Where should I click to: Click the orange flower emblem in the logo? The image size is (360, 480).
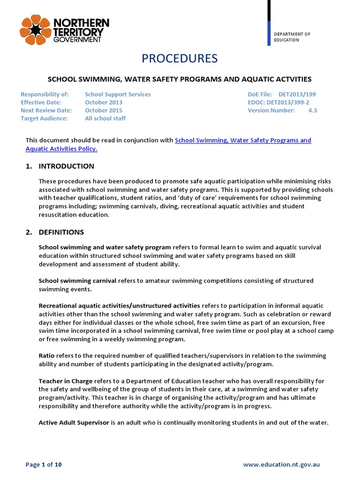tap(34, 30)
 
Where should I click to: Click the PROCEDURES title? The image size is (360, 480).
tap(180, 58)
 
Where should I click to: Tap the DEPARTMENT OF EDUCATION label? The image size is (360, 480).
tap(292, 37)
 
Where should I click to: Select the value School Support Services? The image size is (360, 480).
tap(118, 94)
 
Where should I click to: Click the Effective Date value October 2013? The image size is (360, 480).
tap(104, 102)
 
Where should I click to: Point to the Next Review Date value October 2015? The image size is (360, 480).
tap(104, 110)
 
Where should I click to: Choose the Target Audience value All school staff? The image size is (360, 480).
tap(105, 118)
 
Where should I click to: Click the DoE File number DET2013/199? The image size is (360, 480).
tap(297, 94)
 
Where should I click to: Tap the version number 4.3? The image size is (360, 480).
tap(312, 110)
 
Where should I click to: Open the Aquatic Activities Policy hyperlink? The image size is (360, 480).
tap(61, 149)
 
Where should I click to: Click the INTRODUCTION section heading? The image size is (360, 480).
tap(66, 166)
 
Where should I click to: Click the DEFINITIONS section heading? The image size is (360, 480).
tap(61, 232)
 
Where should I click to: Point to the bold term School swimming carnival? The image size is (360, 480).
tap(77, 280)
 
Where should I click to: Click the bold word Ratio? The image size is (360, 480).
tap(46, 356)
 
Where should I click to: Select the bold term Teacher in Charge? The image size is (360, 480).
tap(65, 381)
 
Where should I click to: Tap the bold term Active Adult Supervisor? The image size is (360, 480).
tap(74, 422)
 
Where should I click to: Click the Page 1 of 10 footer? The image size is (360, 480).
tap(44, 465)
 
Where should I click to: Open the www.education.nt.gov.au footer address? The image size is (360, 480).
tap(281, 465)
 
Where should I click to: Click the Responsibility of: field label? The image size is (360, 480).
tap(45, 94)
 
